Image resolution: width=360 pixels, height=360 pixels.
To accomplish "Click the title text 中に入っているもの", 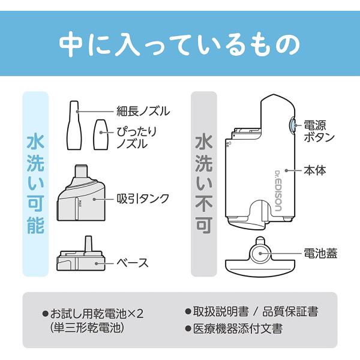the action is click(179, 44).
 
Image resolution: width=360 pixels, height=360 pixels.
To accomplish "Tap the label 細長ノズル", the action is click(143, 111).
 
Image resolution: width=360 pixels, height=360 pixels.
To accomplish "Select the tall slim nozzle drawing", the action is click(74, 125).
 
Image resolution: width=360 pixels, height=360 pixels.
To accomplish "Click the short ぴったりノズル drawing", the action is click(101, 134).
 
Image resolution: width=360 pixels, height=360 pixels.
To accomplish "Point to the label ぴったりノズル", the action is click(137, 137).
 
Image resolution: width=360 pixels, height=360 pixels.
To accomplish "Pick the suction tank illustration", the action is click(81, 193).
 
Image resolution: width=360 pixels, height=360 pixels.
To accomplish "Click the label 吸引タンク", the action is click(143, 199).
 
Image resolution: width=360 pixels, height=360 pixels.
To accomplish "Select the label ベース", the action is click(133, 263).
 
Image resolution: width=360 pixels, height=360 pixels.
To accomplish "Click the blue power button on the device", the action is click(292, 125).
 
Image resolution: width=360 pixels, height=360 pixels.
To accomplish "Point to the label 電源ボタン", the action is click(319, 131).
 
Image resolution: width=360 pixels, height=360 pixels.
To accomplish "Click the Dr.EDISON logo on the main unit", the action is click(278, 191).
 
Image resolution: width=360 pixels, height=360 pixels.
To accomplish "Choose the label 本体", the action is click(315, 170).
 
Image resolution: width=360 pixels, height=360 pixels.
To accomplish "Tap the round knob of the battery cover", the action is click(260, 253).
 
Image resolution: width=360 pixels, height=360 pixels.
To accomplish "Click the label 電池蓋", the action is click(320, 253).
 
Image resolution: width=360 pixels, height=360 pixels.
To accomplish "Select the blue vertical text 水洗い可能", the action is click(35, 184).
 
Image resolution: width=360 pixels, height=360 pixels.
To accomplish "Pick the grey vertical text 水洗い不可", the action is click(203, 184).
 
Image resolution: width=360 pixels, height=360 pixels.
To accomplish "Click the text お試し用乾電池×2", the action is click(97, 314).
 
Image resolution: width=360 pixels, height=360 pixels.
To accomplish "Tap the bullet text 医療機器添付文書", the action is click(238, 329).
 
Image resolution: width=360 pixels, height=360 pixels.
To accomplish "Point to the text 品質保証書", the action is click(290, 312).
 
